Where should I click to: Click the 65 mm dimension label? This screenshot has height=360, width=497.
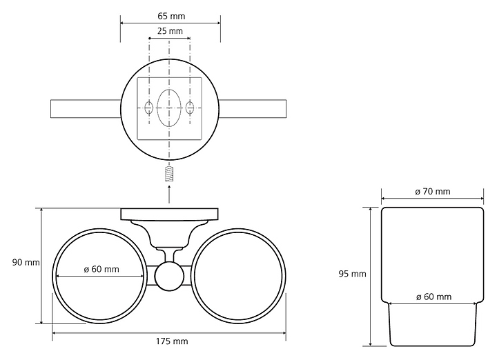[x=171, y=16]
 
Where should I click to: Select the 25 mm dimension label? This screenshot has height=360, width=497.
[x=170, y=31]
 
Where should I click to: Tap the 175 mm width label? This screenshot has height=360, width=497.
[x=172, y=341]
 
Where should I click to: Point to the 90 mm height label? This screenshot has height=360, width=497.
[x=26, y=263]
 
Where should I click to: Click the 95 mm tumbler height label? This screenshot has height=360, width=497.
[x=352, y=274]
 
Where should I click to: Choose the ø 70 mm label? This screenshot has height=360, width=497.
[x=433, y=191]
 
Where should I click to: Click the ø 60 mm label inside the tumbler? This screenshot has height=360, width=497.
[x=433, y=297]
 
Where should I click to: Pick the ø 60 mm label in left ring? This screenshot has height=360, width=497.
[x=101, y=269]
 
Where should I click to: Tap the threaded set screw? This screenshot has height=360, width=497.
[x=170, y=174]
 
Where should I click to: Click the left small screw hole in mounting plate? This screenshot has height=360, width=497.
[x=148, y=108]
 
